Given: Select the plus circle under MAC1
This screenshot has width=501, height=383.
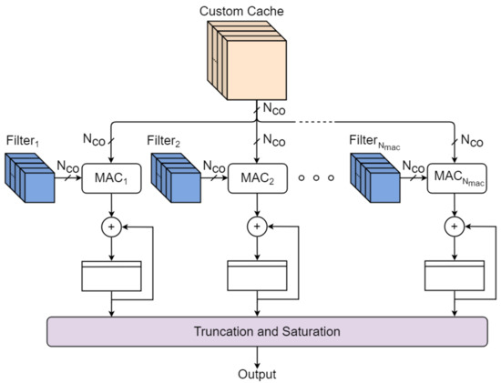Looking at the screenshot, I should pos(111,225).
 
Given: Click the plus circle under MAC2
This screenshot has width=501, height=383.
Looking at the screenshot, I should pos(257,225).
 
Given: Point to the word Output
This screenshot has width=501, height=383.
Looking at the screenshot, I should pos(250,374).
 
